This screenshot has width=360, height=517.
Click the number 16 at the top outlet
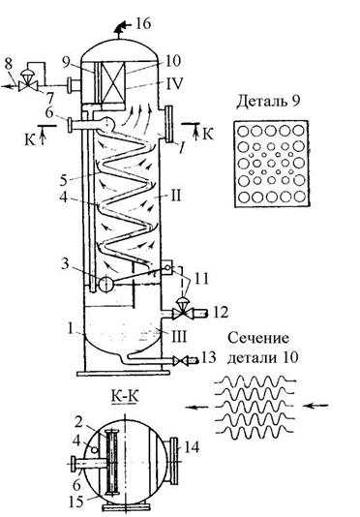[x=143, y=23]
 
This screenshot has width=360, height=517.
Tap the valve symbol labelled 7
[x=26, y=83]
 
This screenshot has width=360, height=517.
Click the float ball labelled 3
[x=106, y=284]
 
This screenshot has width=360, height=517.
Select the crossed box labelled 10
[x=113, y=82]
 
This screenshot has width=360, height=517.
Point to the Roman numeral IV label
[x=174, y=83]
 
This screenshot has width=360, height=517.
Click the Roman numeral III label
[x=178, y=337]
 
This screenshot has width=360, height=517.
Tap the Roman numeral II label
[x=176, y=196]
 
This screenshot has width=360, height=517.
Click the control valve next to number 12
[x=181, y=310]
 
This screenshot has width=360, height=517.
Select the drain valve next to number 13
[x=181, y=361]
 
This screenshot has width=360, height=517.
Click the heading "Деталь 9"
[x=268, y=102]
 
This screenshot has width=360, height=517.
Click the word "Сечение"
[x=257, y=338]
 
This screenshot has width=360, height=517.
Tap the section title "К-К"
[x=125, y=396]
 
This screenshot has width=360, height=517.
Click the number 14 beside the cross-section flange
[x=193, y=447]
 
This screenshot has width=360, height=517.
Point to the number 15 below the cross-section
[x=76, y=502]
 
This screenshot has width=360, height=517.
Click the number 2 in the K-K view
[x=78, y=421]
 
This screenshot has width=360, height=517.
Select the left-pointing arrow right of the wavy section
[x=315, y=406]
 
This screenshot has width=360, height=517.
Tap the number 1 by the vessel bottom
[x=70, y=329]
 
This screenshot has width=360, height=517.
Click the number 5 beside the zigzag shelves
[x=64, y=180]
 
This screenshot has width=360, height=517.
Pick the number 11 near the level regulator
[x=201, y=279]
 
